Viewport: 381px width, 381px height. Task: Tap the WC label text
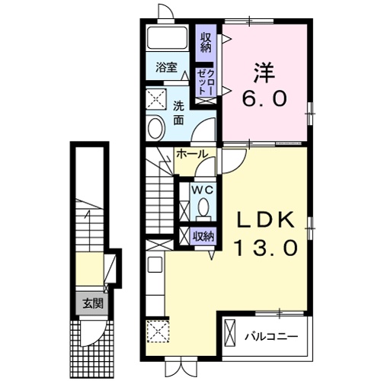202,190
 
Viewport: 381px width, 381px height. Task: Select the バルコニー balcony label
271,337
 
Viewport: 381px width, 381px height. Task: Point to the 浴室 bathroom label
166,67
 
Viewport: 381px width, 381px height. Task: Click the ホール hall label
192,154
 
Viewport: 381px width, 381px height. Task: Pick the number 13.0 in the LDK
266,248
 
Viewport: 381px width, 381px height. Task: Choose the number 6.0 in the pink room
264,98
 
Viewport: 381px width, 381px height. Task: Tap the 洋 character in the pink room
264,73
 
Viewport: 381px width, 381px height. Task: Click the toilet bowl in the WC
203,208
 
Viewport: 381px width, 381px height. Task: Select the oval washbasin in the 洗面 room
155,128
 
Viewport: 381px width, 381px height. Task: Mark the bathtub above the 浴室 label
168,37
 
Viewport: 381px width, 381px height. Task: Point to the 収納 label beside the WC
203,236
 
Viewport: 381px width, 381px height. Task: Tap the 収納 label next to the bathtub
206,43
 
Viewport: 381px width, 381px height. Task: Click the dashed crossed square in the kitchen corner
158,331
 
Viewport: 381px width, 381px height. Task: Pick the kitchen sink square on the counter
155,264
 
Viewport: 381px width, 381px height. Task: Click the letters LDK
266,220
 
